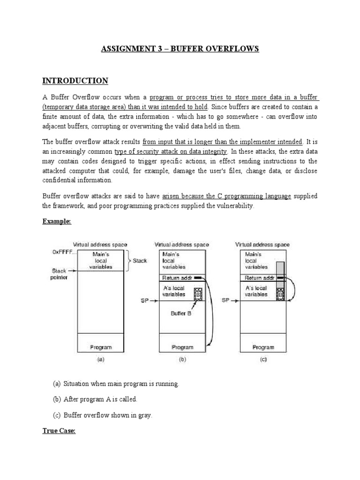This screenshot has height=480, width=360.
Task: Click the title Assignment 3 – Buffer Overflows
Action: coord(180,49)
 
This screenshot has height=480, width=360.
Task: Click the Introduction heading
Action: coord(75,81)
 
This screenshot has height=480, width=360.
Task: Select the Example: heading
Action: coord(57,222)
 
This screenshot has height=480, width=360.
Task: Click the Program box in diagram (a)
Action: coord(101,347)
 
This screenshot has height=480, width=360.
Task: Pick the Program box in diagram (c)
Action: coord(263,347)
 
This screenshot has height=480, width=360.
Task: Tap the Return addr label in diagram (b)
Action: coord(175,278)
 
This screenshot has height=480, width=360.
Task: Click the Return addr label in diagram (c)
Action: coord(256,278)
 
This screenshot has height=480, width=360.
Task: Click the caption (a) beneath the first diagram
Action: coord(100,360)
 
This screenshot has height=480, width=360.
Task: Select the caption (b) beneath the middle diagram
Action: coord(183,360)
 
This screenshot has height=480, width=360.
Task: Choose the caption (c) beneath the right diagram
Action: coord(263,360)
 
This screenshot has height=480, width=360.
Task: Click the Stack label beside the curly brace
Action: coord(140,261)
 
